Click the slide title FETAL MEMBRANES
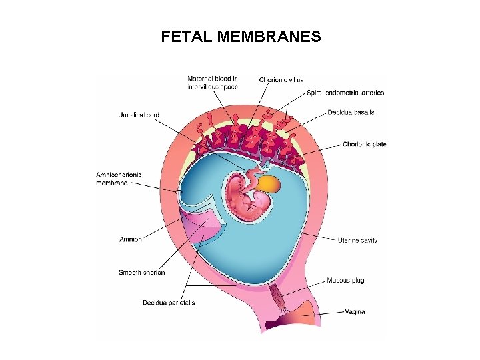(241, 37)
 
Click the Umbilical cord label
(139, 115)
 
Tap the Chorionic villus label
(281, 79)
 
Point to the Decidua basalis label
(351, 112)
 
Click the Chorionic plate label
(364, 144)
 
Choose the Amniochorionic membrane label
(118, 178)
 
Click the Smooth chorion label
(141, 272)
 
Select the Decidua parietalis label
(169, 303)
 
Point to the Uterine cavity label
(357, 240)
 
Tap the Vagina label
(355, 311)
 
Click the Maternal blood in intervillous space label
(213, 83)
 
